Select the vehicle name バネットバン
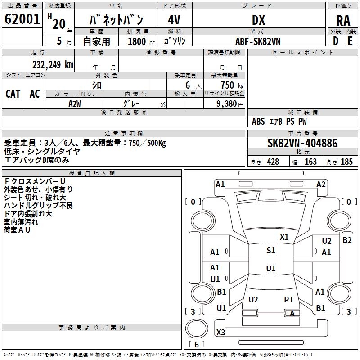coord(116,20)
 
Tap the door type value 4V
coord(174,20)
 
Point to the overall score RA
coord(343,20)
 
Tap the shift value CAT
coord(13,94)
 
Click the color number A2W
coord(75,103)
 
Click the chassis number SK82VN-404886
coord(302,143)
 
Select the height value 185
coord(346,162)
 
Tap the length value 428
coord(273,162)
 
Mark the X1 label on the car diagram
coord(284,237)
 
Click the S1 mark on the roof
coord(271,251)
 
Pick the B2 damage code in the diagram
coord(347,240)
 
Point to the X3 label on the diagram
coord(220,333)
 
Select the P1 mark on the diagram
coord(288,299)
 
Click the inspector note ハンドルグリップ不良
coord(38,206)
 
